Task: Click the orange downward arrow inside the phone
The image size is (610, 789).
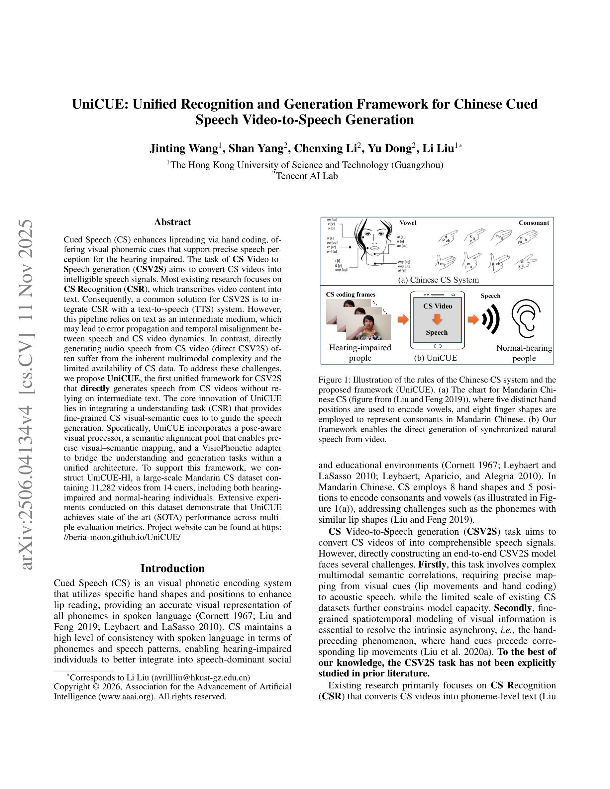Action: click(x=437, y=319)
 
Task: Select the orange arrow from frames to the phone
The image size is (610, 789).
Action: click(x=403, y=319)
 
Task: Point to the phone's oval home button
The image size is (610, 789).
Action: click(x=437, y=346)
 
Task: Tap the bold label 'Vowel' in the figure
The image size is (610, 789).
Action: click(x=408, y=223)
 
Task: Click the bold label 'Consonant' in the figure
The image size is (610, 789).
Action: click(x=534, y=223)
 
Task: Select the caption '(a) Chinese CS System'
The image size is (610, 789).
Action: click(x=438, y=280)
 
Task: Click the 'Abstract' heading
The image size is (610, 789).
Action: click(x=172, y=222)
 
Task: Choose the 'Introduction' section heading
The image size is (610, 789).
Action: click(x=172, y=568)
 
